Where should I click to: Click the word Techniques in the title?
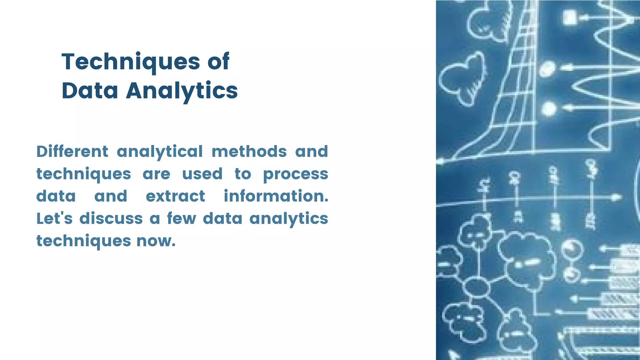tap(131, 62)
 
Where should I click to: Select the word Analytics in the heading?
tap(182, 91)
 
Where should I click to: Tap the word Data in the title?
tap(90, 91)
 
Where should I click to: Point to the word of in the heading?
tap(218, 62)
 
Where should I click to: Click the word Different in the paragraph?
tap(72, 152)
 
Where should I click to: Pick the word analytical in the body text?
tap(160, 152)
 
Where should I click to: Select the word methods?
tap(249, 152)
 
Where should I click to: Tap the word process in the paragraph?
tap(295, 174)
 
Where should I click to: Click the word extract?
tap(175, 196)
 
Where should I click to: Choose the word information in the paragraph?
tap(276, 196)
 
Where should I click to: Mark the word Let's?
tap(54, 218)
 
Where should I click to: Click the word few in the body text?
tap(182, 218)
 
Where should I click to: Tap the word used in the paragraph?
tap(202, 174)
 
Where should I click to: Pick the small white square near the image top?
tap(570, 17)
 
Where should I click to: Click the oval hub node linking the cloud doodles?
tap(476, 287)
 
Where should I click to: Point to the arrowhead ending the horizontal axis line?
tap(616, 197)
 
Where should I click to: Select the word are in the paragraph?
tap(156, 174)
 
